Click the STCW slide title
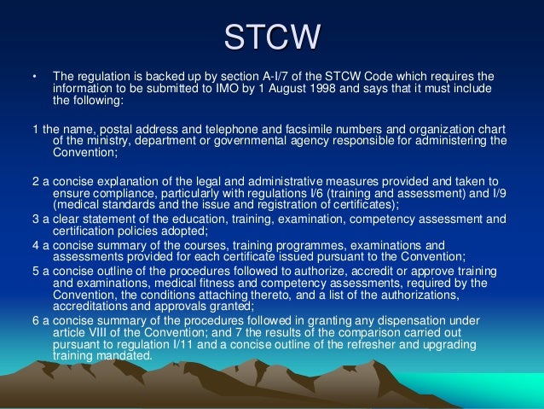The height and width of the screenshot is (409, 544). [x=272, y=36]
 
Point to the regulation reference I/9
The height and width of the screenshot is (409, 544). [x=498, y=193]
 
